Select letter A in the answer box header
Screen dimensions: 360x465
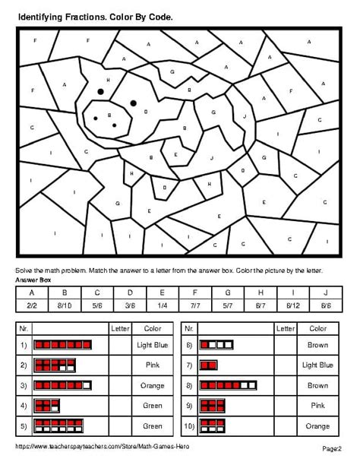[31, 292]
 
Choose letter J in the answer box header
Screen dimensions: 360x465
[327, 292]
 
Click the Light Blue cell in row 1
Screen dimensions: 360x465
[152, 345]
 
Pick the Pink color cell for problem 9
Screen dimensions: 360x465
[317, 406]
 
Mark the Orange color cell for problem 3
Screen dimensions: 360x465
[152, 385]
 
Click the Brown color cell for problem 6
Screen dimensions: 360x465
[317, 345]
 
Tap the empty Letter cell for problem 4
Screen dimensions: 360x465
[120, 406]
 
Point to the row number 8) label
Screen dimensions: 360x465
[189, 385]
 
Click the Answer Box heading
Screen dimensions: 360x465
[31, 280]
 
